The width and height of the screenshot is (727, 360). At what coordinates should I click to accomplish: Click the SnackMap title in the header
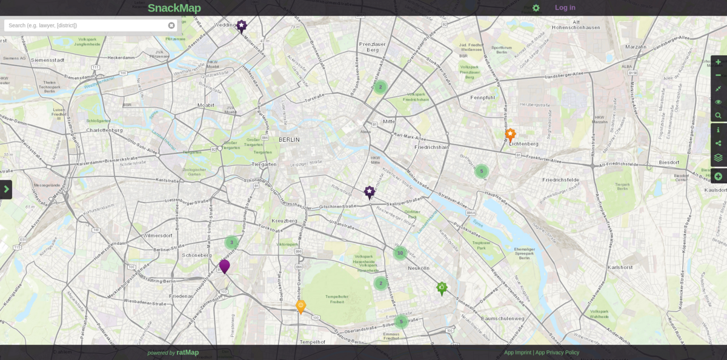point(174,8)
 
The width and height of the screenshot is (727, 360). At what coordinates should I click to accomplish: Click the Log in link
point(565,8)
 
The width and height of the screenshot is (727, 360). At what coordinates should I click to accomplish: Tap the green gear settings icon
point(536,8)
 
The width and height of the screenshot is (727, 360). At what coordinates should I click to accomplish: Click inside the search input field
point(85,25)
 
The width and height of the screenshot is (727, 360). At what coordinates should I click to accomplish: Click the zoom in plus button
point(718,62)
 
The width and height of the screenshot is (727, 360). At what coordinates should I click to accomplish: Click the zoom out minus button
point(718,75)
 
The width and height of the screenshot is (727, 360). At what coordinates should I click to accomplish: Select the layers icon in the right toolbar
point(718,158)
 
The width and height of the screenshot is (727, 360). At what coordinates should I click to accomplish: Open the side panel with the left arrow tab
point(6,189)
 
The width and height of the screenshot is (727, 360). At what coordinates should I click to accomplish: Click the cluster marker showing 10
point(400,253)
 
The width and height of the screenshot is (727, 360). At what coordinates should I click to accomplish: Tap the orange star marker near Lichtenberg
point(510,134)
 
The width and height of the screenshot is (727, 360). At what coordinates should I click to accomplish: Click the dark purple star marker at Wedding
point(241,25)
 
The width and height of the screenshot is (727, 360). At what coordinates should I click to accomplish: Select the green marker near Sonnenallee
point(442,287)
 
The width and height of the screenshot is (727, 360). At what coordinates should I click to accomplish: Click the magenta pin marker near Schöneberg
point(224,265)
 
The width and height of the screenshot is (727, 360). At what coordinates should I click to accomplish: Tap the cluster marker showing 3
point(231,242)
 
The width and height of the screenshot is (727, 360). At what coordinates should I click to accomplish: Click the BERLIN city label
point(289,139)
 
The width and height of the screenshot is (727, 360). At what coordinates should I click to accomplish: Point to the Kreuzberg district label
point(284,221)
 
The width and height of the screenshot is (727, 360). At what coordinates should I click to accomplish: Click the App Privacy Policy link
point(557,353)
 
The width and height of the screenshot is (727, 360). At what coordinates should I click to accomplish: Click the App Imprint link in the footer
point(517,353)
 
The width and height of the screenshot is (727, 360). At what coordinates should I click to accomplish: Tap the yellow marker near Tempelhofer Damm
point(300,306)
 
